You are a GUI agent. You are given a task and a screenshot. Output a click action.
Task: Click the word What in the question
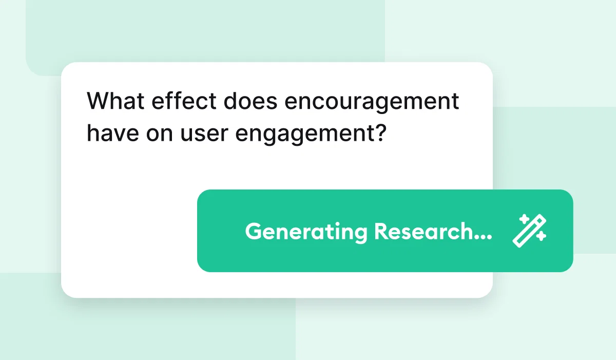(x=115, y=101)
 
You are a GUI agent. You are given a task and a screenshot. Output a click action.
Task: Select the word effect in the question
(x=184, y=101)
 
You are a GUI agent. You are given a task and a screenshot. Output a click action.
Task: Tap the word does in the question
(x=251, y=101)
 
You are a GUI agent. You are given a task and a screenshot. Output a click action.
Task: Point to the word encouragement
(x=372, y=103)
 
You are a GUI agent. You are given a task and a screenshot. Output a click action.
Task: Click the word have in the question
(x=113, y=132)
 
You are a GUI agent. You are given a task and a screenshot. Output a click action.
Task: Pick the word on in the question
(x=160, y=135)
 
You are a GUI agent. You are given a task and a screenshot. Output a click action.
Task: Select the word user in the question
(x=204, y=135)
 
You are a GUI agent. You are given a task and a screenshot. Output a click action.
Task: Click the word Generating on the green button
(x=306, y=233)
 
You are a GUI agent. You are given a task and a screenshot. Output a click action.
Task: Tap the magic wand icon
(x=529, y=231)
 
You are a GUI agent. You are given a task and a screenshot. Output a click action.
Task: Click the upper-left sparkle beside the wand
(x=525, y=219)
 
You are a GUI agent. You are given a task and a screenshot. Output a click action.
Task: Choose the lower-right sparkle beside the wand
(x=542, y=236)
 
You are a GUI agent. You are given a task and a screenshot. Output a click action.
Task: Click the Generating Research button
(x=385, y=231)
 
